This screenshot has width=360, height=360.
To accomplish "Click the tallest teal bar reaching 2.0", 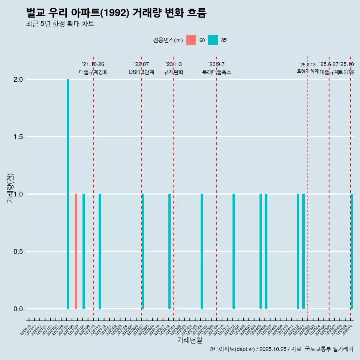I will [68, 194].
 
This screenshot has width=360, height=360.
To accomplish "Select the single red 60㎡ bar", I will [76, 251].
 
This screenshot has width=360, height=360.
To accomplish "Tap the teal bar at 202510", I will [352, 251].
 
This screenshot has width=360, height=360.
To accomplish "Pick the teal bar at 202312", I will [234, 251].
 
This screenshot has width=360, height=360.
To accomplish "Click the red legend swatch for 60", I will [191, 40].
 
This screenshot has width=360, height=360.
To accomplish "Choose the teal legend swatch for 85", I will [213, 40].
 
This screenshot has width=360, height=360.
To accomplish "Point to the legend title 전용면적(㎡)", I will [168, 40].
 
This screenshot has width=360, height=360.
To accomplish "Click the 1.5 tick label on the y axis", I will [17, 137].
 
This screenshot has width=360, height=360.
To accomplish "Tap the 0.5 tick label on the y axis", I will [17, 252].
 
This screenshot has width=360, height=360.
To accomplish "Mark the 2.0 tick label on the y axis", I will [17, 79].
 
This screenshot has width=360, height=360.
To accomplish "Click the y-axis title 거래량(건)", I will [10, 189].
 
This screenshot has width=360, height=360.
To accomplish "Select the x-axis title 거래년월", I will [189, 340].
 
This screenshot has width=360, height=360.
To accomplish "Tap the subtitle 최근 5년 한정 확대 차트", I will [60, 24].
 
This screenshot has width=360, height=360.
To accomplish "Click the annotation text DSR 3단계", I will [141, 72].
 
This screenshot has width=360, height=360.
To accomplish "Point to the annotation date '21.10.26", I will [93, 64].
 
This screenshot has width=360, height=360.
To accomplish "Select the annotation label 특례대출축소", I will [216, 72].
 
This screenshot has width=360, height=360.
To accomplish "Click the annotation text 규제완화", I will [173, 72].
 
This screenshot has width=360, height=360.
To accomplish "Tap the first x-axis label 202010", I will [25, 331].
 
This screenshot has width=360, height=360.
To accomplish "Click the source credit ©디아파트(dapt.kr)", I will [232, 349].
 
